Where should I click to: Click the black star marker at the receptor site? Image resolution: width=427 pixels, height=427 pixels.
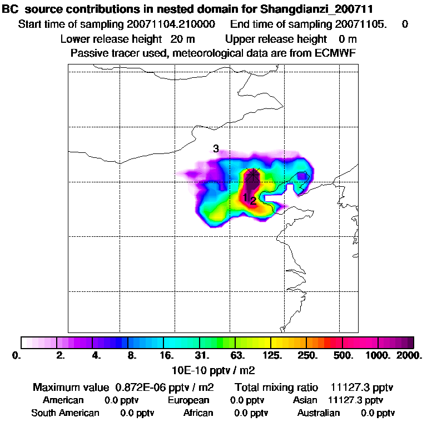tap(253, 174)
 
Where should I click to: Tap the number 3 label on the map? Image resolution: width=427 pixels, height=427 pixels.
tap(216, 148)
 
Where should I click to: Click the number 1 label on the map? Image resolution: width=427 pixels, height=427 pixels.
tap(245, 197)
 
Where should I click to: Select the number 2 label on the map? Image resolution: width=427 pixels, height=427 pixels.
tap(253, 201)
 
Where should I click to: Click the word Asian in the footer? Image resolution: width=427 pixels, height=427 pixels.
tap(305, 400)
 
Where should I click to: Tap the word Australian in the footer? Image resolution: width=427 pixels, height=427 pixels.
tap(319, 413)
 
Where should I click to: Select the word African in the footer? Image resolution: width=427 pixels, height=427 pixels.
tap(198, 413)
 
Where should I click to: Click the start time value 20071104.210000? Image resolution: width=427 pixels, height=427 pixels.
tap(172, 24)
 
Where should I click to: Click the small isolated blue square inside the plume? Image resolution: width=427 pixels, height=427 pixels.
tap(301, 176)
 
